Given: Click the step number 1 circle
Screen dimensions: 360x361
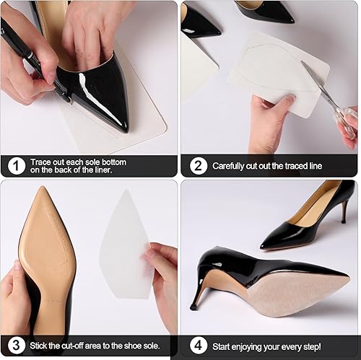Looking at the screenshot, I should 14,166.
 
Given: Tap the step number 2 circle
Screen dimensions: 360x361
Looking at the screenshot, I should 196,166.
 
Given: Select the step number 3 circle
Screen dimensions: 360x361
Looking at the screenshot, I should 14,346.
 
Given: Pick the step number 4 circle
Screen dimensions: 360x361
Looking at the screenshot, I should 196,346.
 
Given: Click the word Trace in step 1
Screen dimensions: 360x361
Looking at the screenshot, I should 43,162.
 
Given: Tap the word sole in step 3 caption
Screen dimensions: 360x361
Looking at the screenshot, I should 144,346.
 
